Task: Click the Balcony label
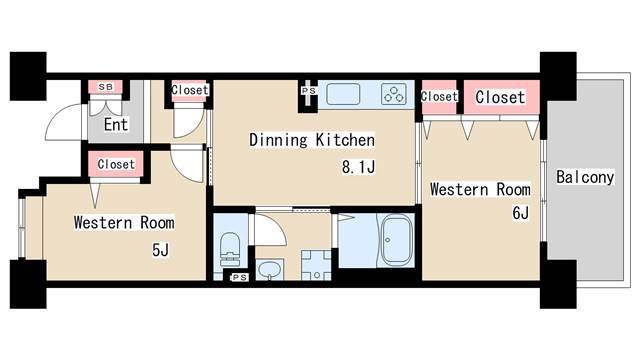click(585, 177)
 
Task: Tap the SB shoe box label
click(106, 87)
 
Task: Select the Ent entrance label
click(116, 124)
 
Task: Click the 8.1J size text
click(358, 167)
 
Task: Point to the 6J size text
click(521, 213)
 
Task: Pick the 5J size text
click(160, 249)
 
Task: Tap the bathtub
click(395, 240)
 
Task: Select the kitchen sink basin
click(343, 94)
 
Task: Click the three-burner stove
click(394, 94)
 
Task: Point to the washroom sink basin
click(270, 269)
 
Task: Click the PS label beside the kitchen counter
click(309, 91)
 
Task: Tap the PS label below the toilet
click(240, 278)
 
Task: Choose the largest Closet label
click(500, 97)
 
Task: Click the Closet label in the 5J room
click(116, 164)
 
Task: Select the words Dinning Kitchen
click(312, 140)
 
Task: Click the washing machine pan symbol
click(316, 265)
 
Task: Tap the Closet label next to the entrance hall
click(190, 90)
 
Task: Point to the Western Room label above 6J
click(480, 189)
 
